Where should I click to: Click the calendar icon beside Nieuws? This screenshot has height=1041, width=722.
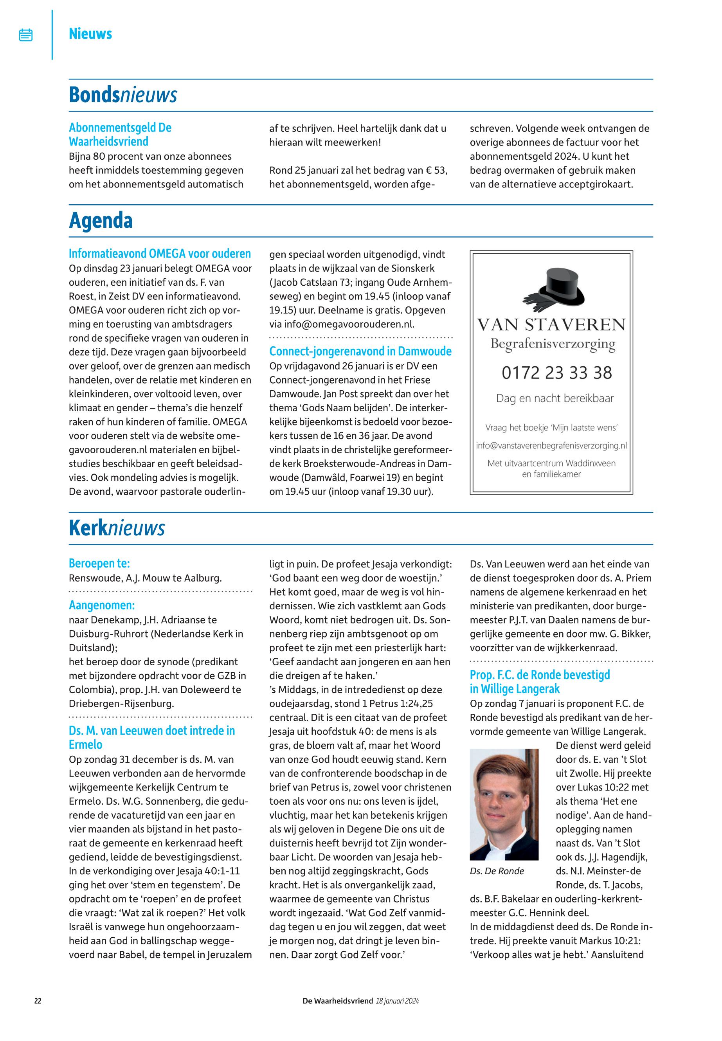tap(26, 35)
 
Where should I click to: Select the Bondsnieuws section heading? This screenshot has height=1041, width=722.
tap(122, 95)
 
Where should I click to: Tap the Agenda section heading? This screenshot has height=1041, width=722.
tap(101, 221)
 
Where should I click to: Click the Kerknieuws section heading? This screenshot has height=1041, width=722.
tap(117, 528)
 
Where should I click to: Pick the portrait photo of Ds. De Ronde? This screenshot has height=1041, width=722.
tap(504, 804)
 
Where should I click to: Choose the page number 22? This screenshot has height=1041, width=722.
tap(38, 1001)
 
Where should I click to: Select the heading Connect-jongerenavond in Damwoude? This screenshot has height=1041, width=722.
tap(360, 351)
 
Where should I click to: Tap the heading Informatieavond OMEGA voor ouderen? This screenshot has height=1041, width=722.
tap(160, 253)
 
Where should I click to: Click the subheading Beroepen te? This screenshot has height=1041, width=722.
tap(99, 563)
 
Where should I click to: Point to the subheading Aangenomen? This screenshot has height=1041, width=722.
tap(102, 605)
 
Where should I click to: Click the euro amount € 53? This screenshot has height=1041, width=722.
tap(436, 171)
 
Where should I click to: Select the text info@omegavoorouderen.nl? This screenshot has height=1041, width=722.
tap(349, 324)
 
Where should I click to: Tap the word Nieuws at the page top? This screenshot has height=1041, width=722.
tap(90, 34)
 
